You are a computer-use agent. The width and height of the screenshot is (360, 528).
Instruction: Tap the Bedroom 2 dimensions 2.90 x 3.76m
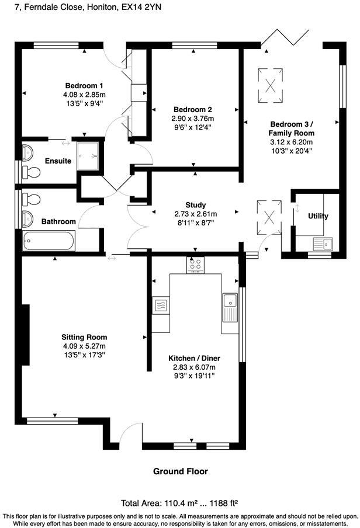coord(193,118)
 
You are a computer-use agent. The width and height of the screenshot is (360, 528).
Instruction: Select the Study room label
coord(195,205)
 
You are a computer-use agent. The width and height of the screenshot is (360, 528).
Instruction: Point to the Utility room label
coord(318,216)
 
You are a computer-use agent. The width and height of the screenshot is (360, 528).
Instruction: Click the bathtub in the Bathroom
coord(49,241)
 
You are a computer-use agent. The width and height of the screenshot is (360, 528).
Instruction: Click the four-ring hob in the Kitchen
coord(195,265)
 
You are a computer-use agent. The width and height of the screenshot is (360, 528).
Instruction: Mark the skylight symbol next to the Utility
coord(269,216)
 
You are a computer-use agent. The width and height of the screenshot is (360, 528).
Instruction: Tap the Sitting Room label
coord(84,337)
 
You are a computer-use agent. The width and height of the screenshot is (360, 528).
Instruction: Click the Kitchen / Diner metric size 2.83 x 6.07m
coord(194,367)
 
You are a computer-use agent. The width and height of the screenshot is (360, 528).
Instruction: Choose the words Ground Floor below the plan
coord(180,471)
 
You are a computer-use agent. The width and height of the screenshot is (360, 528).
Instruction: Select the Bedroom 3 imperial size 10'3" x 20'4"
coord(291,150)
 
